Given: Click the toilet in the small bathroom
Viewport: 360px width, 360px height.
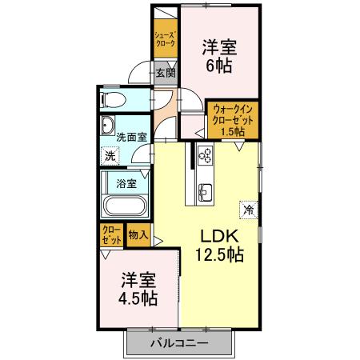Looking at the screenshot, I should click(x=111, y=99).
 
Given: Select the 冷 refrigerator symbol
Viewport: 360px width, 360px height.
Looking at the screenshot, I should click(x=248, y=210).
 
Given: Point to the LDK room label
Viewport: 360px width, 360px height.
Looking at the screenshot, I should click(x=216, y=237).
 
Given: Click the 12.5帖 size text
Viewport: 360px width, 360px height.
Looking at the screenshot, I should click(x=217, y=256).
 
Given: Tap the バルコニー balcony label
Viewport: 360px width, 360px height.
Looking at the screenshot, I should click(x=179, y=343).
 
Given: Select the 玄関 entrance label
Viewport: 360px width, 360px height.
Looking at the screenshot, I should click(x=165, y=73).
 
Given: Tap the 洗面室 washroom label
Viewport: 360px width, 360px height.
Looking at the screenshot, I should click(x=131, y=137).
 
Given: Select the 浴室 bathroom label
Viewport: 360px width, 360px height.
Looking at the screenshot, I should click(x=126, y=182).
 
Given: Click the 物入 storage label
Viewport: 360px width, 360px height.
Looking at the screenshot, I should click(x=138, y=235).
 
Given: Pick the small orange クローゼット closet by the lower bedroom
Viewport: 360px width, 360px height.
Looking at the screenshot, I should click(x=111, y=235).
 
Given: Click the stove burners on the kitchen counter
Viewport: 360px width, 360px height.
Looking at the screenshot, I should click(x=203, y=155).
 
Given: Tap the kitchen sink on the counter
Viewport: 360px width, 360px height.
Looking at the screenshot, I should click(x=203, y=191).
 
